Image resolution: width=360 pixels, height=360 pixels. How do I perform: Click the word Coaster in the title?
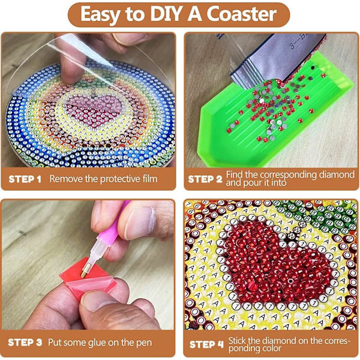click(x=242, y=14)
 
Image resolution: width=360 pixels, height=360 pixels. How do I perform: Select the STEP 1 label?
click(x=25, y=179)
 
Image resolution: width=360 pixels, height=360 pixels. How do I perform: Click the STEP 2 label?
click(x=205, y=179)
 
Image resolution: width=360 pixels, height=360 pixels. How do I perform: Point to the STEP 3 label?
click(x=25, y=343)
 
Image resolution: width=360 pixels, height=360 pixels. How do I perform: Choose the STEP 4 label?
click(x=206, y=344)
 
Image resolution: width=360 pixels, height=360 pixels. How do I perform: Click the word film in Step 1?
click(x=149, y=179)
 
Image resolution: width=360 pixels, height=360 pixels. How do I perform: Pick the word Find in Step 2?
click(x=234, y=175)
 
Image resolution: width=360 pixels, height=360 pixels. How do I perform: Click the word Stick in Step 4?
click(x=237, y=340)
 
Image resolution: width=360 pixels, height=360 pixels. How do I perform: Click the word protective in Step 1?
click(x=121, y=179)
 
